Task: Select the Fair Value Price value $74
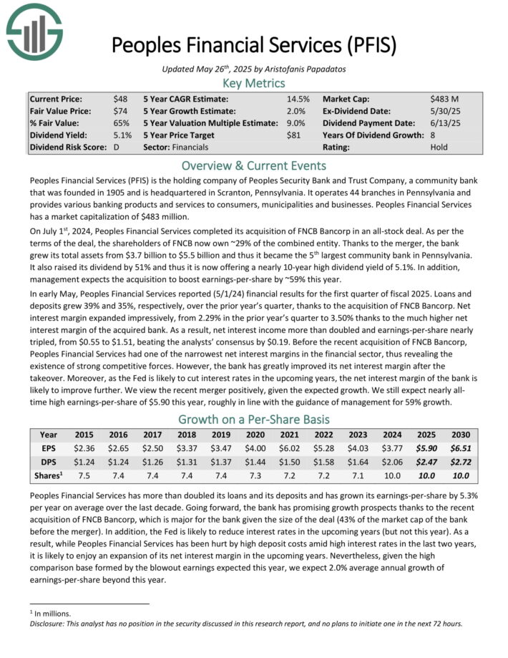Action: pos(119,111)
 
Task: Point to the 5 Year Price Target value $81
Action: pos(295,135)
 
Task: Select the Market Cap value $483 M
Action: pos(444,99)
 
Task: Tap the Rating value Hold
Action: pos(439,147)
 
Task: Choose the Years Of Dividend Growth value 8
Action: pos(433,135)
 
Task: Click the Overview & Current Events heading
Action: pos(253,165)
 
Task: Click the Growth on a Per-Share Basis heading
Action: pos(253,419)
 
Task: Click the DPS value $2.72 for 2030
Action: pos(461,463)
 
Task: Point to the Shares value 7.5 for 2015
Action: pos(84,477)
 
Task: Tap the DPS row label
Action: pos(49,463)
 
